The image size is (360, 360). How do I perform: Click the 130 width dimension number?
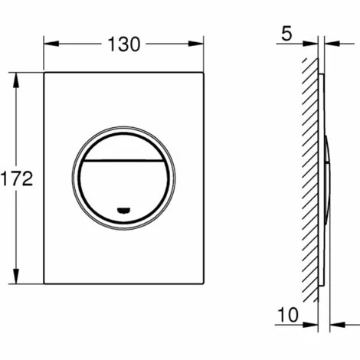(124, 44)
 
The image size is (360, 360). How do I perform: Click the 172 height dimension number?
(17, 178)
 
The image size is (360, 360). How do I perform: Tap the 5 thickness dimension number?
(286, 34)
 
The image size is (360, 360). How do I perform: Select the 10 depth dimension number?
(288, 315)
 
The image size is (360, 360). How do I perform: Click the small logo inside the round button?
(123, 210)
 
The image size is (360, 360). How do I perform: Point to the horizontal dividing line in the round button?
(123, 161)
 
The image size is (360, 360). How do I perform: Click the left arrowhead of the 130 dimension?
(51, 44)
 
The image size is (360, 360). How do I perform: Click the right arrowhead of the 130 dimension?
(196, 44)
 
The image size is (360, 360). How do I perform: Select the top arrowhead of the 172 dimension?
(16, 80)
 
